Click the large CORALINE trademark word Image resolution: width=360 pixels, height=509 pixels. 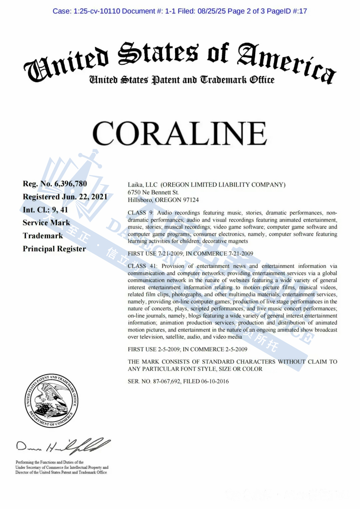[180, 133]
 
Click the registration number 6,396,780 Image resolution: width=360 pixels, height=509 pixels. [71, 184]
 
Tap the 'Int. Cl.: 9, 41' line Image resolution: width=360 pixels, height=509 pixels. [45, 210]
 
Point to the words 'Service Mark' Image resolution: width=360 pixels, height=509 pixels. [46, 223]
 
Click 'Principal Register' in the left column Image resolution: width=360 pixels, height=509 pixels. [54, 249]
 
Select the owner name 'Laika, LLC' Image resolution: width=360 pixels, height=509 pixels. [142, 185]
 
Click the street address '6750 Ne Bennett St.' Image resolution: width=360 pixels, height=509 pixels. [153, 193]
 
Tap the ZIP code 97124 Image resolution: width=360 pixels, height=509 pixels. [191, 200]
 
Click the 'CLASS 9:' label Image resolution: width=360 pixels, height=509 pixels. [140, 213]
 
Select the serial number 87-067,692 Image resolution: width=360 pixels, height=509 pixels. [167, 381]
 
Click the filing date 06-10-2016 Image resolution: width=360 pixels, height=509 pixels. [215, 381]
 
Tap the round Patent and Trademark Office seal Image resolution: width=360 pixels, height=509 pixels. [52, 401]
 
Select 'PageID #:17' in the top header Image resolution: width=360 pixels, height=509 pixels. [287, 11]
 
